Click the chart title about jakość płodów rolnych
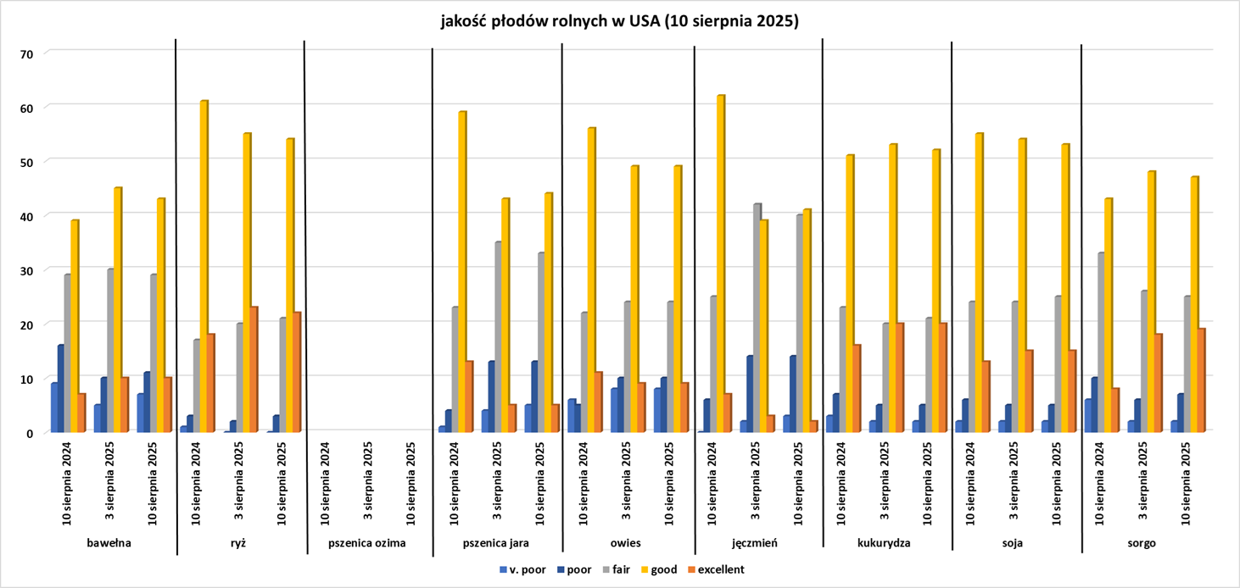pyautogui.click(x=619, y=23)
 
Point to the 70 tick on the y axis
pyautogui.click(x=26, y=53)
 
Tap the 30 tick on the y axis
pyautogui.click(x=26, y=270)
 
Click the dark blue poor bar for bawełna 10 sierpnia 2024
pyautogui.click(x=61, y=389)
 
